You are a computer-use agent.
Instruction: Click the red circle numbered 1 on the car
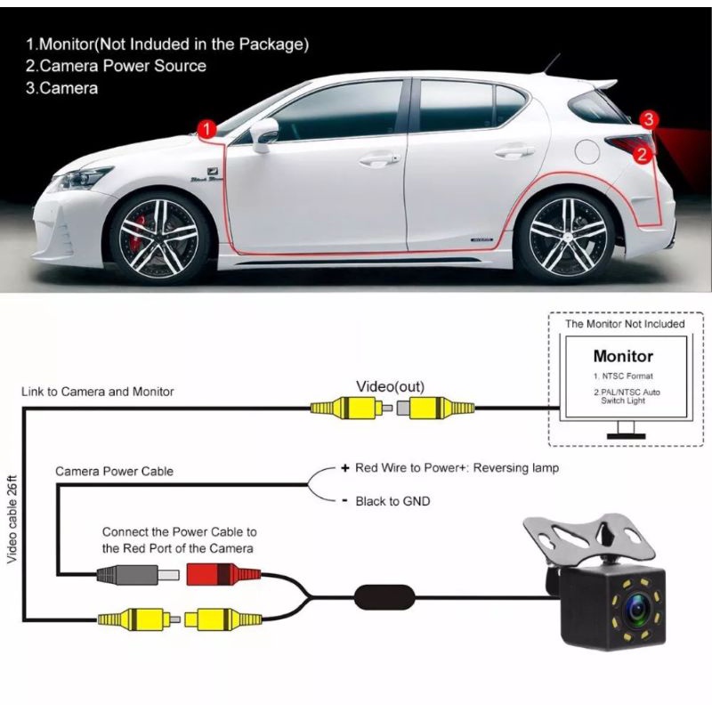206,130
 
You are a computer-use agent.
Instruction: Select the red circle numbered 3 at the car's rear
650,119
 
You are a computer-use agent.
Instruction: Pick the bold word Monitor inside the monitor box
623,356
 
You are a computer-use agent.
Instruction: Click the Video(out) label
391,386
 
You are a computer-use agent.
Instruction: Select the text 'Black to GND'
392,501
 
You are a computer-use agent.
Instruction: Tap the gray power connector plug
130,575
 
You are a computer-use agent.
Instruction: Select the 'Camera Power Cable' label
114,471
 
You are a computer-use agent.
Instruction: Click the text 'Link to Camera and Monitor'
98,392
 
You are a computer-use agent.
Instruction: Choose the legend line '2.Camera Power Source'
116,66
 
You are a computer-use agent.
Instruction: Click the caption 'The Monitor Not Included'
625,324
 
